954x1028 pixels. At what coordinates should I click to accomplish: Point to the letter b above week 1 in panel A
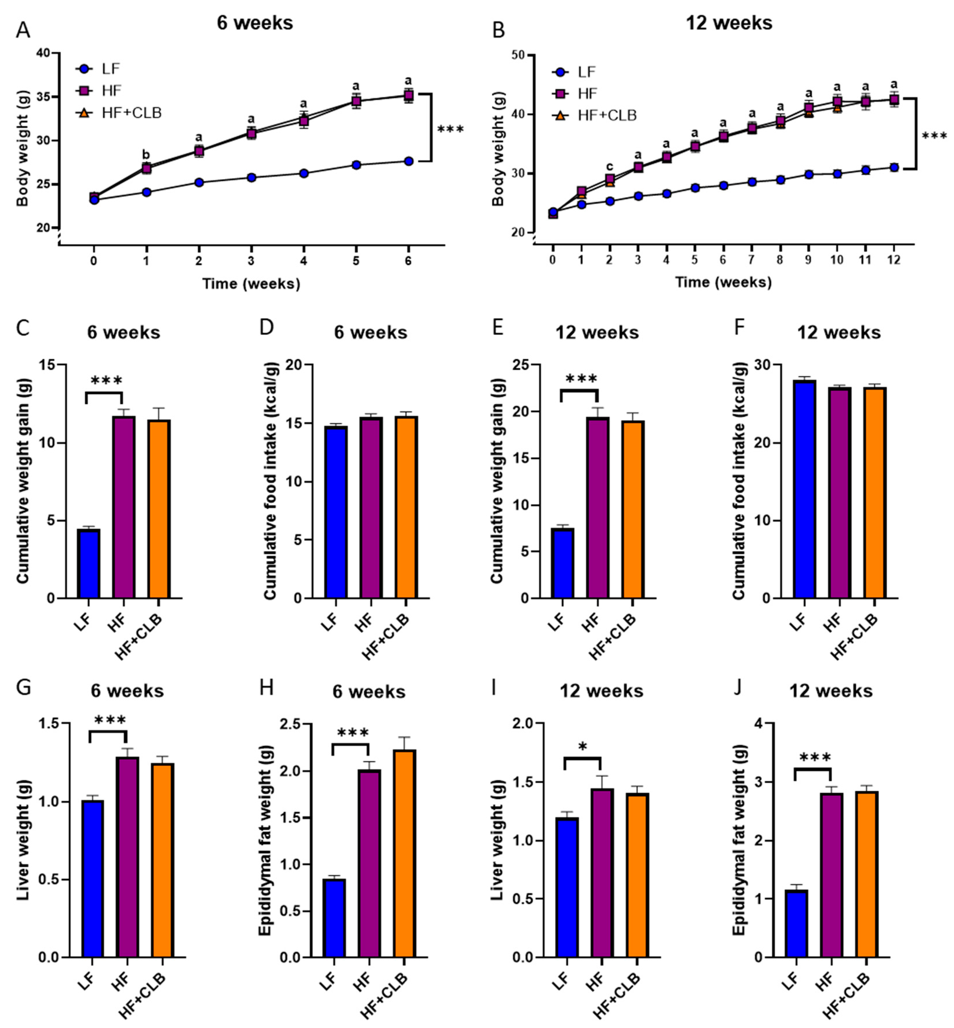click(146, 155)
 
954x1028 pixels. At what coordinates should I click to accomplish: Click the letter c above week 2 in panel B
click(610, 166)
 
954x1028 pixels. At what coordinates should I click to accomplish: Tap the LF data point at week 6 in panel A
click(408, 161)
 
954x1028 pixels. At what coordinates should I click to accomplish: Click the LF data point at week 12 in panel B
click(893, 167)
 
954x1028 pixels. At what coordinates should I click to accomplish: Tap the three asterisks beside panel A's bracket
click(450, 129)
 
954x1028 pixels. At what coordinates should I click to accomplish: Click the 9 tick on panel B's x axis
click(808, 260)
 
